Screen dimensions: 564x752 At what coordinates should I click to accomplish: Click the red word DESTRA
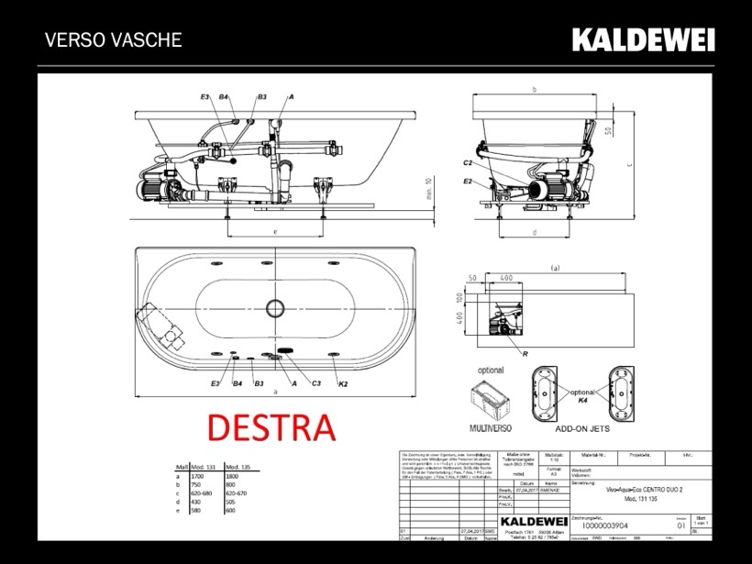270,426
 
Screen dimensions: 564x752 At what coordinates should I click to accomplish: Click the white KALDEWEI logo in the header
643,39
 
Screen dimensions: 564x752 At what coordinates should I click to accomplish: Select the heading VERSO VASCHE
113,40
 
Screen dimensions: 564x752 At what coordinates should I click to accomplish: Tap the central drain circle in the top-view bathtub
275,308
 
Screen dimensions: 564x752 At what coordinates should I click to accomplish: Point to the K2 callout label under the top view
343,382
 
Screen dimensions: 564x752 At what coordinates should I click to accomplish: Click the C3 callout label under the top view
316,382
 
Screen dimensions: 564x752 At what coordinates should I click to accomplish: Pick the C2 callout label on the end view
468,162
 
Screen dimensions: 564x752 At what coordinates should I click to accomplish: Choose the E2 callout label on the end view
468,182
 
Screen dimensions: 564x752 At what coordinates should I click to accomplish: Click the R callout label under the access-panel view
525,353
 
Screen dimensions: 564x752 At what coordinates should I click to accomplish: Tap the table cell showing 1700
197,477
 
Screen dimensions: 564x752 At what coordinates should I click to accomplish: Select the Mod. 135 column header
239,468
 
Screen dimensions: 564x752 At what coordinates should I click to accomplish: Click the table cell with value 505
232,502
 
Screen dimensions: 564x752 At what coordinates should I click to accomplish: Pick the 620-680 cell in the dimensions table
204,493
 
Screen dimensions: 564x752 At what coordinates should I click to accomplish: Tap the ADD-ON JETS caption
584,427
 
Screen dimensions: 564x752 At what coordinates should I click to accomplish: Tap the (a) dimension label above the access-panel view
552,268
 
